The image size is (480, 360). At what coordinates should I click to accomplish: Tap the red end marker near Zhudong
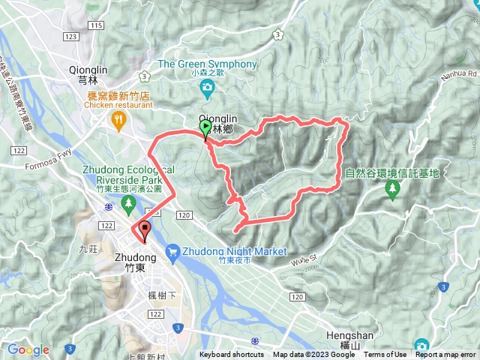[143, 230]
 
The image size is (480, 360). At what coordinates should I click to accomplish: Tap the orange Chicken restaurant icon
[118, 121]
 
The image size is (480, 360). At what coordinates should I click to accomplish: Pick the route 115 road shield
[95, 25]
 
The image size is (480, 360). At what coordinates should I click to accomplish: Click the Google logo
[28, 349]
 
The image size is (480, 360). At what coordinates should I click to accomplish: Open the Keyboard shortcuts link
[232, 355]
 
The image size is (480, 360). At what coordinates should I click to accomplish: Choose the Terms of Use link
[385, 355]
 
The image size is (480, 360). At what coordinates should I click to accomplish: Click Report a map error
[445, 355]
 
